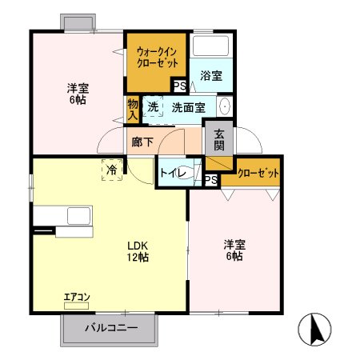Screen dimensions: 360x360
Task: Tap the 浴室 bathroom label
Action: (x=211, y=75)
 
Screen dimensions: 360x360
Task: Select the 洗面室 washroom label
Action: (x=188, y=106)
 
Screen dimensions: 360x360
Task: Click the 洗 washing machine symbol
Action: (x=153, y=106)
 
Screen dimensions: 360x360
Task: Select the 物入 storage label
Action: (x=133, y=109)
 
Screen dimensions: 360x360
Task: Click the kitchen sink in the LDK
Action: (x=78, y=215)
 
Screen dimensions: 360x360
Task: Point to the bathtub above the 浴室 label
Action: (x=212, y=48)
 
